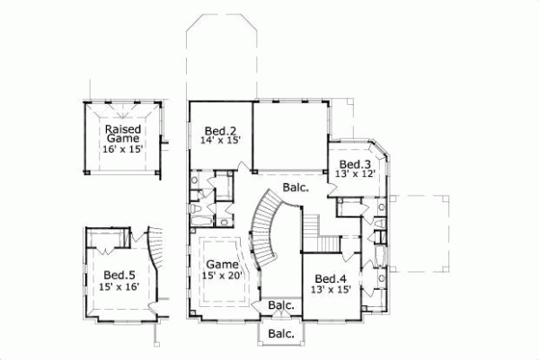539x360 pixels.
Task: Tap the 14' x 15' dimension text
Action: (x=220, y=140)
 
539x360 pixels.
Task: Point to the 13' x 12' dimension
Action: (x=354, y=175)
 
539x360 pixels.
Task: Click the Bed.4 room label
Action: (x=332, y=278)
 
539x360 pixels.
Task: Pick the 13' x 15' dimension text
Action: (x=332, y=290)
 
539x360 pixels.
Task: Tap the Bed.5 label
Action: (x=118, y=275)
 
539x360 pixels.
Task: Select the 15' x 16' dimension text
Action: (x=119, y=287)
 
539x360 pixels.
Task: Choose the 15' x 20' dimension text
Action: (x=223, y=277)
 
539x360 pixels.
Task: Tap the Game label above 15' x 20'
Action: (x=222, y=265)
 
